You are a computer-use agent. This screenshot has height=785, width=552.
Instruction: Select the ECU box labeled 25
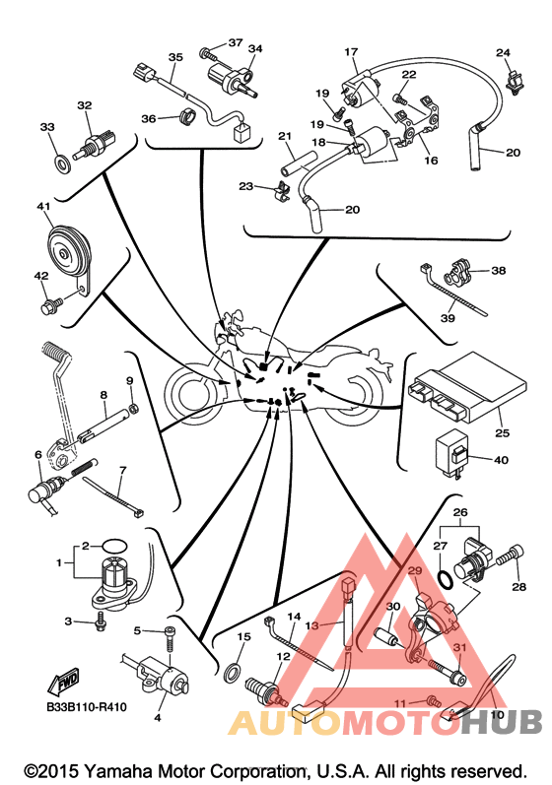click(466, 387)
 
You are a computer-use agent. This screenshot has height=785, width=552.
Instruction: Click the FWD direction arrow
click(63, 682)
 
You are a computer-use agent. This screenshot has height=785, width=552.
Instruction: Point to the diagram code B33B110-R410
click(87, 707)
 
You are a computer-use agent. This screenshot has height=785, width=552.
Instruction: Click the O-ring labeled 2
click(114, 545)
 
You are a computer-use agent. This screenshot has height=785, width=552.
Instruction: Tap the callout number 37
click(236, 43)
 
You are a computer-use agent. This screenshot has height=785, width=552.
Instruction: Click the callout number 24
click(503, 52)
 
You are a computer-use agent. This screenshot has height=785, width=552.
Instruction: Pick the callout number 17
click(351, 52)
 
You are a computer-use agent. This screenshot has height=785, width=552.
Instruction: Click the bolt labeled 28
click(511, 556)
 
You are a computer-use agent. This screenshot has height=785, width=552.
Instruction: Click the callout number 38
click(499, 270)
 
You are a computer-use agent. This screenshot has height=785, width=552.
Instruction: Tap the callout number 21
click(285, 136)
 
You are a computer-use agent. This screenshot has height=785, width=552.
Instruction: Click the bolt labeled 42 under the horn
click(50, 305)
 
